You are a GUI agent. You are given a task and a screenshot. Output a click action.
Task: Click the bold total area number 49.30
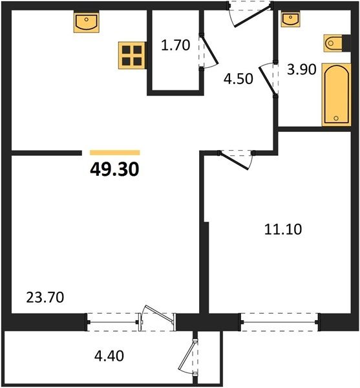pos(115,169)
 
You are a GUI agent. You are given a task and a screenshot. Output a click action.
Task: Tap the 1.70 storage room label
pos(176,45)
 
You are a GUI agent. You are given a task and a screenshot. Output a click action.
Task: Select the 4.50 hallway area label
pos(238,79)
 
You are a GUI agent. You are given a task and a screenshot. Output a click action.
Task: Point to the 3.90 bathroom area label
pos(302,69)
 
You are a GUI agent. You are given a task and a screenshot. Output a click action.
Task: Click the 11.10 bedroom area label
pos(283,229)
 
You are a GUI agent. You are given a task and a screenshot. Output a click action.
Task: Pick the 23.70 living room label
pos(45,297)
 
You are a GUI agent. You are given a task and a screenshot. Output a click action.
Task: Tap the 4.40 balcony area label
pos(109,356)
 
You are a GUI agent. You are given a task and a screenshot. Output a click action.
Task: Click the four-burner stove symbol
pos(132,56)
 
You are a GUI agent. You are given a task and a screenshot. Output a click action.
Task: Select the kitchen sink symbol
pos(87,22)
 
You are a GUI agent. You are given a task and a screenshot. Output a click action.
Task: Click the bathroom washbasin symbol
pos(291,19)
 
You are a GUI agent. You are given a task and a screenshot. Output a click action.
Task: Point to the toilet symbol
pos(333,43)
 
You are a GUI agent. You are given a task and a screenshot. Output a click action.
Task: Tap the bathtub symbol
pos(337,94)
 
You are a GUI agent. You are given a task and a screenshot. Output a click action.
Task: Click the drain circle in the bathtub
pos(336,118)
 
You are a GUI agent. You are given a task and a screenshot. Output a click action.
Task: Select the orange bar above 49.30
pos(115,153)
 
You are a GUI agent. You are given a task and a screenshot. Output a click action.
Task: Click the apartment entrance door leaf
pos(253,16)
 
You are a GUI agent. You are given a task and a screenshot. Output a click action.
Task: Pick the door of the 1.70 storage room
pos(209,49)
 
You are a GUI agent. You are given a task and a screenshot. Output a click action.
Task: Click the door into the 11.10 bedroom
pos(234,161)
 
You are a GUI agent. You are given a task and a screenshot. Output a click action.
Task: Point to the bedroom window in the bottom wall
pos(280,322)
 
